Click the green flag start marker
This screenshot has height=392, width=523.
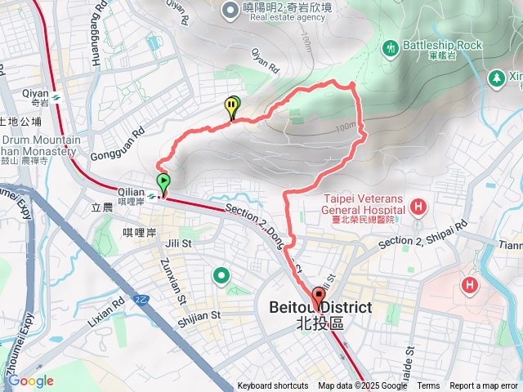pos(163,181)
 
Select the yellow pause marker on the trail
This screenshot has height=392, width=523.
pos(232,105)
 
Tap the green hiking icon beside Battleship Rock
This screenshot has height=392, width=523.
pos(390,47)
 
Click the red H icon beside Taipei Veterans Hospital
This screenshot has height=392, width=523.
pos(418,207)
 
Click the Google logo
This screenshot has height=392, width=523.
pos(30,381)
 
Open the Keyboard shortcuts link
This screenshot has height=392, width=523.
pos(273,386)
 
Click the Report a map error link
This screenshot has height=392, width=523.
pos(484,386)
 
